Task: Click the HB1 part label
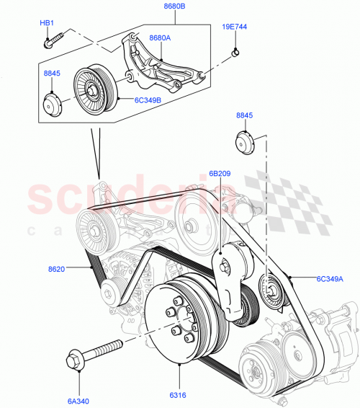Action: point(48,23)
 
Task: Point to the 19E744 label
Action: point(234,27)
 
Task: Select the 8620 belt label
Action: point(57,270)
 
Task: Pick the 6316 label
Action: point(179,395)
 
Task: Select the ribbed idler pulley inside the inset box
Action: point(91,89)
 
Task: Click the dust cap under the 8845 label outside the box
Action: point(244,142)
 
